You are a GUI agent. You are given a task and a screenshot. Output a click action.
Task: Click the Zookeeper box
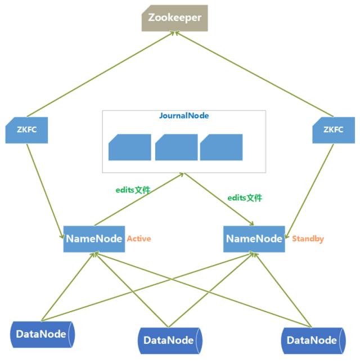[x=175, y=18]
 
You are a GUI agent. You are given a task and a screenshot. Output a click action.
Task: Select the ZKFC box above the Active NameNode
[x=26, y=130]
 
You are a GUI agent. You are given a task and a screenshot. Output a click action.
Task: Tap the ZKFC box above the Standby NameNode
[x=334, y=130]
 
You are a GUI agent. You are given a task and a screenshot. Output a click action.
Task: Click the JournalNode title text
[x=184, y=115]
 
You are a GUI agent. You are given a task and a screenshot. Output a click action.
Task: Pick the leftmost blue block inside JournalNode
[x=130, y=147]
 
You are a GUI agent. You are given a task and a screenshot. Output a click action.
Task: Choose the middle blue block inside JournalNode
[x=176, y=147]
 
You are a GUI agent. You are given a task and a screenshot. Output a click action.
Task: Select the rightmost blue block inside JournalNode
[x=222, y=147]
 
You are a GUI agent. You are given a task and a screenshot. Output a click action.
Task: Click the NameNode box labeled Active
[x=94, y=239]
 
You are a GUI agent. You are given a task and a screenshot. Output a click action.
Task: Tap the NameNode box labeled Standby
[x=254, y=239]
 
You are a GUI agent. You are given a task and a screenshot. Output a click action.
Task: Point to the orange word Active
[x=139, y=239]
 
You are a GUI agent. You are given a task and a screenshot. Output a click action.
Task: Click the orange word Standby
[x=308, y=239]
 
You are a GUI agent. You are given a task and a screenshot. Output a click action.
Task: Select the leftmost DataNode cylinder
[x=42, y=334]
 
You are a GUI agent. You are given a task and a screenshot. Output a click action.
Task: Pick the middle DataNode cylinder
[x=170, y=341]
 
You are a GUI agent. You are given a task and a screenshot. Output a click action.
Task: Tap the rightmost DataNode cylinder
[x=313, y=341]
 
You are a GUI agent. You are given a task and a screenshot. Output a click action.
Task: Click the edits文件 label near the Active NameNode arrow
[x=133, y=190]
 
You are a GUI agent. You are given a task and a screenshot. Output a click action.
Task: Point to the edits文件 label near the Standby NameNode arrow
[x=245, y=198]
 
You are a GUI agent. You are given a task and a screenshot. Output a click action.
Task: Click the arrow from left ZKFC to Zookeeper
[x=101, y=74]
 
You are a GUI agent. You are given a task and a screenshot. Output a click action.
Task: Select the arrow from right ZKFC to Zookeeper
[x=254, y=74]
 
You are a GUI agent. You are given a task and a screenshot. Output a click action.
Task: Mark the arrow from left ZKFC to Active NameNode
[x=45, y=191]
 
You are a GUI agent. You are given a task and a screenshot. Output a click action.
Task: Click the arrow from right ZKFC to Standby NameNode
[x=309, y=191]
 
